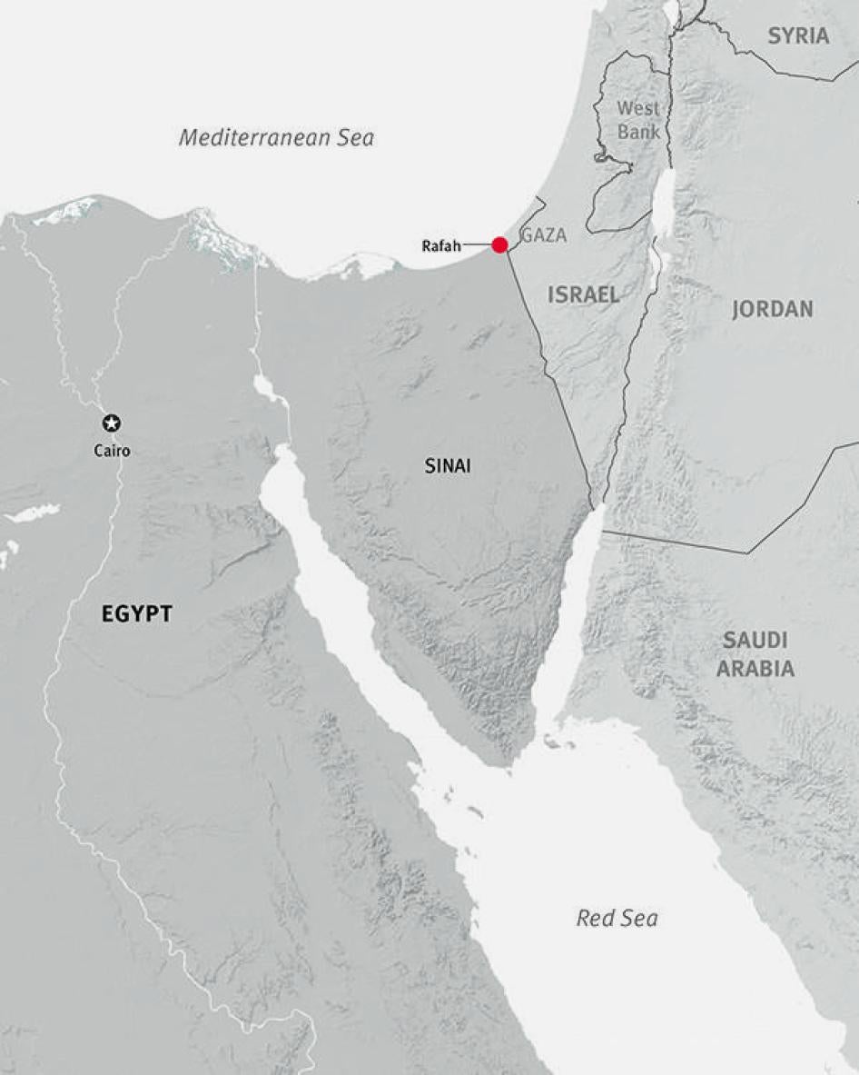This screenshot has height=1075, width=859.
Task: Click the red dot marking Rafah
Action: pyautogui.click(x=499, y=244)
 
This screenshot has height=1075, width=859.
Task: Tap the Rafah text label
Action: pyautogui.click(x=442, y=245)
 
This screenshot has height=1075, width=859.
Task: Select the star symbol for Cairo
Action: pyautogui.click(x=112, y=423)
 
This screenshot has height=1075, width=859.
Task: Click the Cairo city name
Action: pyautogui.click(x=112, y=450)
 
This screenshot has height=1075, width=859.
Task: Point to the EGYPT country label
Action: pyautogui.click(x=136, y=614)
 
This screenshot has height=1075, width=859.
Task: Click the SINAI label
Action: pyautogui.click(x=449, y=466)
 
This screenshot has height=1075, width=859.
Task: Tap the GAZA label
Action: pyautogui.click(x=544, y=236)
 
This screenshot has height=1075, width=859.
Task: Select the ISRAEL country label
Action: pyautogui.click(x=583, y=294)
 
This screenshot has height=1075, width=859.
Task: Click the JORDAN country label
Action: pyautogui.click(x=773, y=309)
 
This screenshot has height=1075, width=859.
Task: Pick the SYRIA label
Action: pyautogui.click(x=798, y=36)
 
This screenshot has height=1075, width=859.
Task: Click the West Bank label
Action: pyautogui.click(x=639, y=119)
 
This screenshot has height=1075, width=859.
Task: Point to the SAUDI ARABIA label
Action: pyautogui.click(x=755, y=654)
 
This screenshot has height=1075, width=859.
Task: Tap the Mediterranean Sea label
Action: pyautogui.click(x=276, y=138)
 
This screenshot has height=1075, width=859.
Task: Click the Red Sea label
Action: pyautogui.click(x=617, y=919)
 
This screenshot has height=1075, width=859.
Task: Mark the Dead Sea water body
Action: pyautogui.click(x=664, y=204)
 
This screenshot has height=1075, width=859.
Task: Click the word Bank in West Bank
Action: pyautogui.click(x=639, y=131)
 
